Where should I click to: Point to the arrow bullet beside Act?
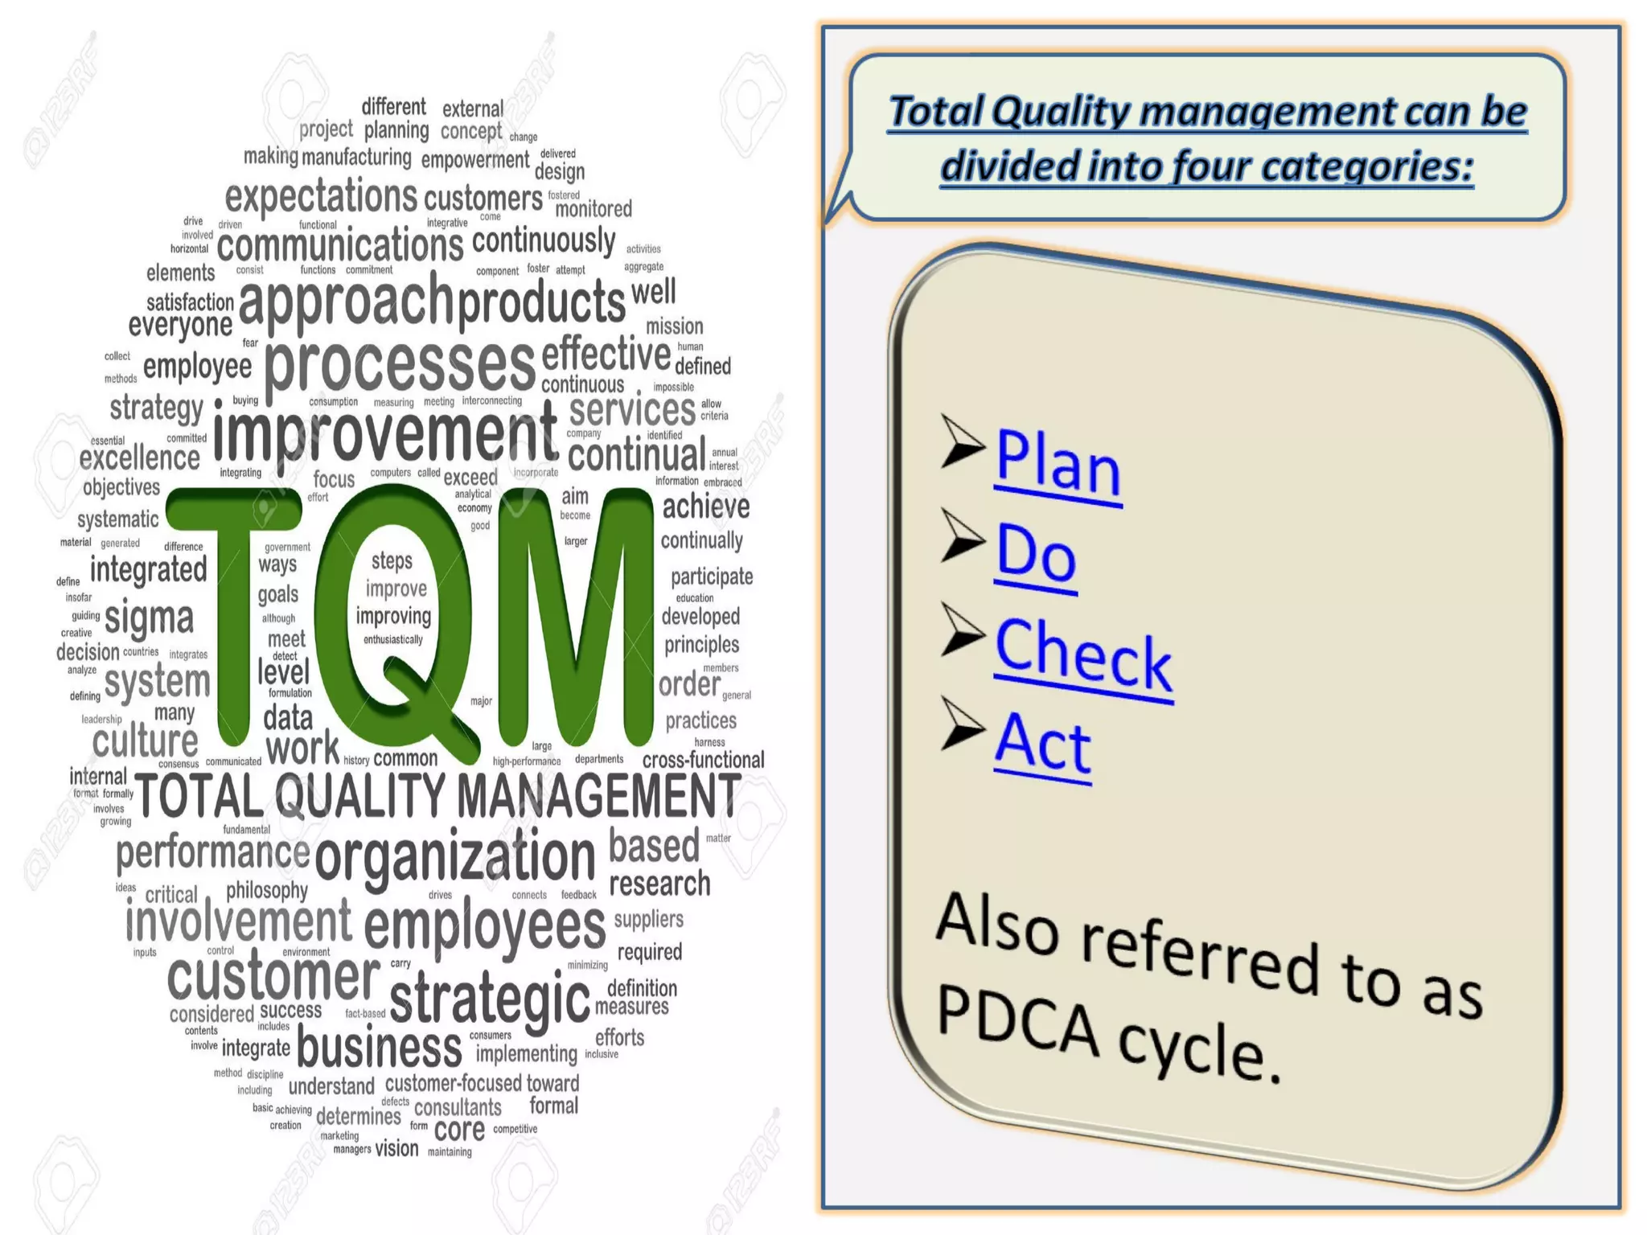click(962, 724)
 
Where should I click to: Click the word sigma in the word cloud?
click(149, 618)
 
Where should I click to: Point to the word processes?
click(400, 366)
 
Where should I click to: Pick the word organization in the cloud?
click(455, 858)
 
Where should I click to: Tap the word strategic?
click(490, 998)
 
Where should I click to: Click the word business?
click(380, 1048)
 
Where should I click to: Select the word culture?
click(145, 741)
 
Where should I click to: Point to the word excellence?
click(139, 458)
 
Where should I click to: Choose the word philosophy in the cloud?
click(267, 890)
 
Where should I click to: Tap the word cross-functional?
click(703, 760)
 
